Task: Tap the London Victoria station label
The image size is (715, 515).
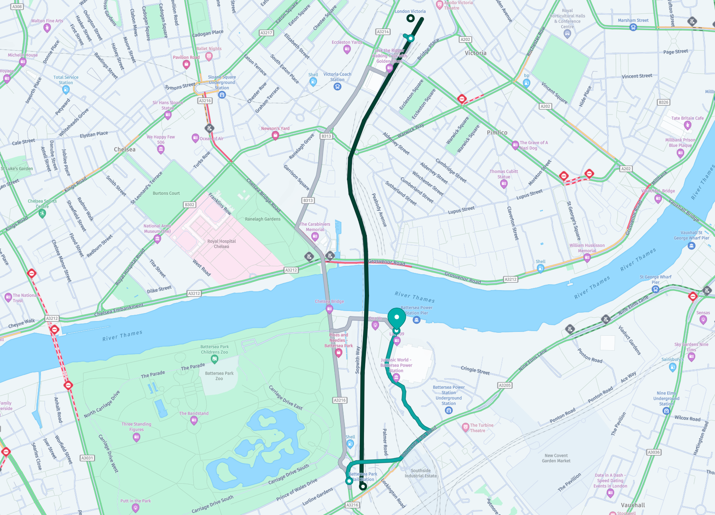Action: point(410,11)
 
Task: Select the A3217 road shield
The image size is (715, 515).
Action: point(266,33)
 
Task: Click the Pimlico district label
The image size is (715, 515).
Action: point(497,133)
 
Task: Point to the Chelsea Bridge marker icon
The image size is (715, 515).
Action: point(329,309)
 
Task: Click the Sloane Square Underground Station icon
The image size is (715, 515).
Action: point(222,95)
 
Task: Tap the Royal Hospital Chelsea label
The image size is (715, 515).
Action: point(221,244)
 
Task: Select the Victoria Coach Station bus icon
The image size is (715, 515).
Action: point(337,87)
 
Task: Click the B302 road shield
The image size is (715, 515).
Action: point(190,205)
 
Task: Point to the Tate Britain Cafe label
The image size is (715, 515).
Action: point(687,118)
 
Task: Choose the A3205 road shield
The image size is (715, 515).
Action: point(505,385)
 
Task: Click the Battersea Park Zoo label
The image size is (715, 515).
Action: point(219,376)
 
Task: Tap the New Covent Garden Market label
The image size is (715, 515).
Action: point(556,458)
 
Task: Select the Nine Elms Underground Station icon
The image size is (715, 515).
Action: point(666,411)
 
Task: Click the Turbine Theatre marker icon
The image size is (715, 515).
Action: point(465,427)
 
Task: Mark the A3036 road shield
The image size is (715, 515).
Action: point(654,452)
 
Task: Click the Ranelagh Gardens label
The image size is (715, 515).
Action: point(262,219)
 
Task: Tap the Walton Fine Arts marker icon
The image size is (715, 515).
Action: point(47,28)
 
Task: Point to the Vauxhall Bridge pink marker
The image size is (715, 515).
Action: point(658,199)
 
